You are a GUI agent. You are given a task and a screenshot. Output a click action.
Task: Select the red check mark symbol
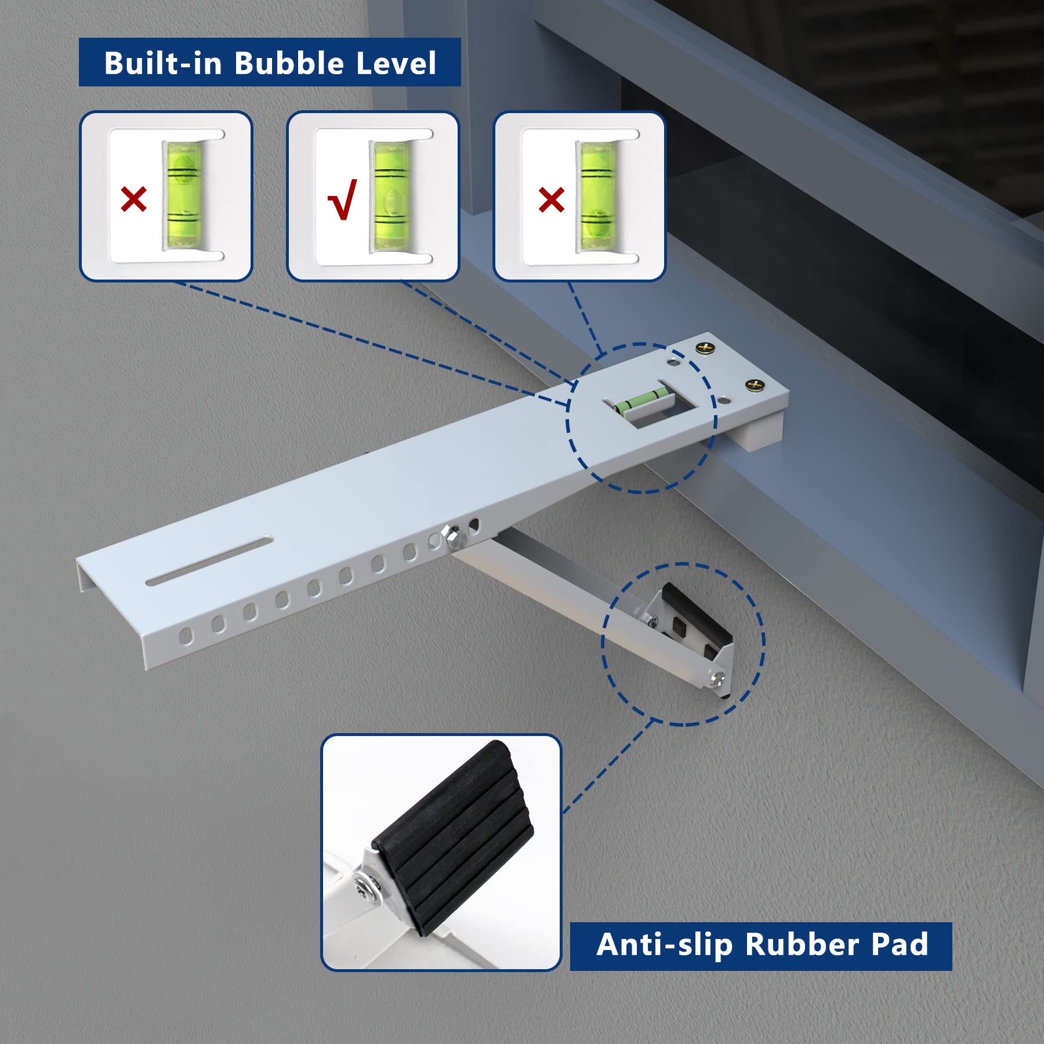342,200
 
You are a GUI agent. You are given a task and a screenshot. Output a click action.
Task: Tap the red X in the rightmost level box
551,200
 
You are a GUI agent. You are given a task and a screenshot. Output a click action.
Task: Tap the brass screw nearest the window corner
705,348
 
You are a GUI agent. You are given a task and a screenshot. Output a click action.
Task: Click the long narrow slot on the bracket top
209,561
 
